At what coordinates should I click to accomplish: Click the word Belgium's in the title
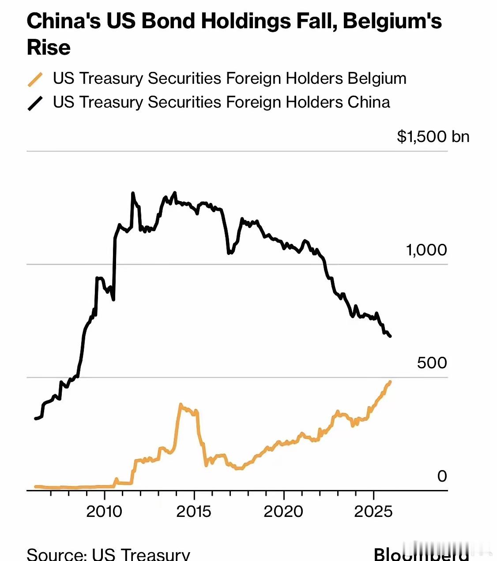392,21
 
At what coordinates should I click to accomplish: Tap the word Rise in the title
49,47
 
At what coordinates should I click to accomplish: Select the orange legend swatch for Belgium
35,79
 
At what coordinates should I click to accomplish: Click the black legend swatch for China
35,103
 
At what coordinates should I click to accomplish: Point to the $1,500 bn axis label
433,137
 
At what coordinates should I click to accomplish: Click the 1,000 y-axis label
426,250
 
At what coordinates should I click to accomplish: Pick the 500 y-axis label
432,363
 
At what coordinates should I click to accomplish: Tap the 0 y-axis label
442,476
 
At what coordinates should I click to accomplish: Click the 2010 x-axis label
104,512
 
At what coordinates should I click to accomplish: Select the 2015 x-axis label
194,512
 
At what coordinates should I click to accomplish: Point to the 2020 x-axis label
283,512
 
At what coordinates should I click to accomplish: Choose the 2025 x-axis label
373,512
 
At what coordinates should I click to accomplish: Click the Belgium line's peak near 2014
181,404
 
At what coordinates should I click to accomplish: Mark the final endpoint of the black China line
390,337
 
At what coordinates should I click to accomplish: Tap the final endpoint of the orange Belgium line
390,382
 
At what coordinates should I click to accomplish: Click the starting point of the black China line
36,418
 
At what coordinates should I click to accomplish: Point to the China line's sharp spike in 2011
132,193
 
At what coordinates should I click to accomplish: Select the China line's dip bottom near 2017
229,253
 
